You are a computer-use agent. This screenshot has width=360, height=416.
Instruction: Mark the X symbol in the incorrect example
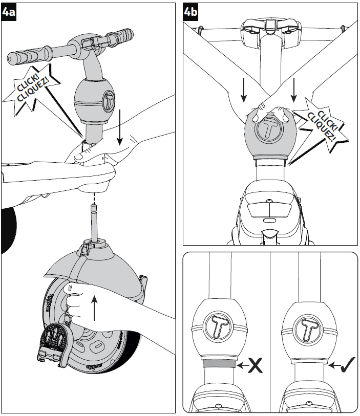pos(257,367)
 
